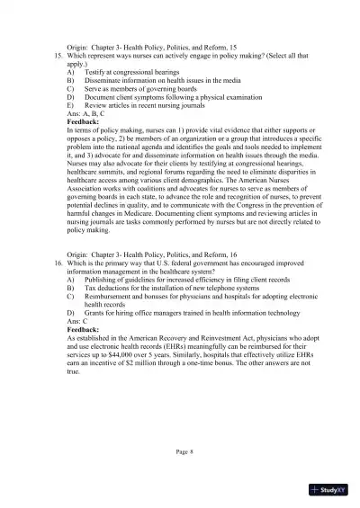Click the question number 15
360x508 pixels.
coord(57,56)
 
